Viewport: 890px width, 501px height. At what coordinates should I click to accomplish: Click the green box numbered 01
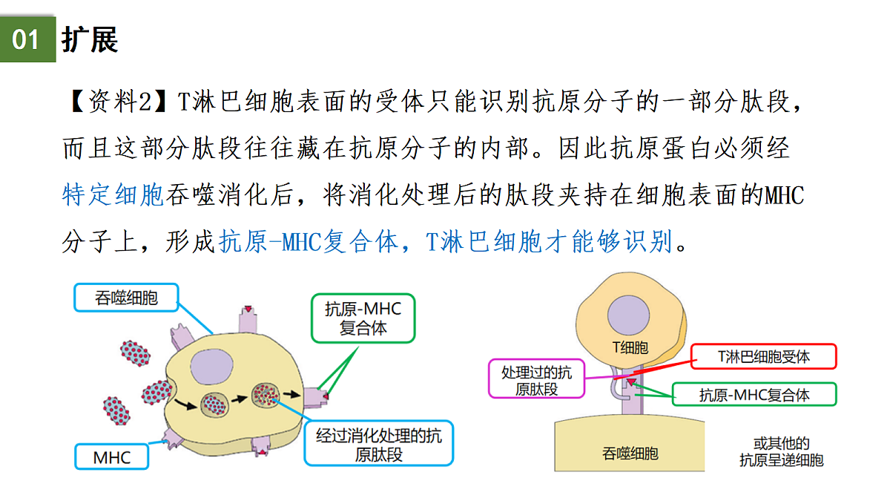28,39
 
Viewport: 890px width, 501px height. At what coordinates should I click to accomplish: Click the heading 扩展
90,40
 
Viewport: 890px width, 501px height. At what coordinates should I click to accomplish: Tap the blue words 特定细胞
113,194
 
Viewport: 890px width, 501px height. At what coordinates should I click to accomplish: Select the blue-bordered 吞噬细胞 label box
126,298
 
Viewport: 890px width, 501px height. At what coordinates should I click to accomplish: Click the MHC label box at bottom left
112,457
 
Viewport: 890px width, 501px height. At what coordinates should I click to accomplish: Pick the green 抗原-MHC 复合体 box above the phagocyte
363,318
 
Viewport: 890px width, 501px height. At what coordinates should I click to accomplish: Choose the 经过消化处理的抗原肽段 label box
379,443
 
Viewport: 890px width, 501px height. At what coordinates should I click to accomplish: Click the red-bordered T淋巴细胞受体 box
764,357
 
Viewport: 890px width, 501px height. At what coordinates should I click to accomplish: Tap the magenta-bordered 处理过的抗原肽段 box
536,379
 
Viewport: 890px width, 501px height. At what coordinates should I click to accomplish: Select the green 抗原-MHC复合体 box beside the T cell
754,394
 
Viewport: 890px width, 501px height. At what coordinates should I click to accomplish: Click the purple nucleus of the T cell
628,315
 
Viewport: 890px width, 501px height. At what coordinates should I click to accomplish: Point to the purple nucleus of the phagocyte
211,367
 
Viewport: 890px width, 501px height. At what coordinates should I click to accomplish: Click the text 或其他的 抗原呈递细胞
781,452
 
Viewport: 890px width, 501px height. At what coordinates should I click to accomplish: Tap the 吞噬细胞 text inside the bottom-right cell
630,453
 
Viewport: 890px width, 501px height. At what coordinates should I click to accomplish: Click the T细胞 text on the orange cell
630,348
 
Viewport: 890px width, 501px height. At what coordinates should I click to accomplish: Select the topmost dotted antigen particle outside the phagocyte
135,353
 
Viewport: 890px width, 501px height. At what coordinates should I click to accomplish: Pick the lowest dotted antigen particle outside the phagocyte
116,410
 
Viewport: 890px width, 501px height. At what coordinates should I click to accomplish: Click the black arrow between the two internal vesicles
240,399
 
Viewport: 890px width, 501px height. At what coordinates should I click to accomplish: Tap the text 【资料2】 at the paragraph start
119,102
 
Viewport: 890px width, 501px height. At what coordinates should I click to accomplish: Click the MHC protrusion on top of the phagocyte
248,319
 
